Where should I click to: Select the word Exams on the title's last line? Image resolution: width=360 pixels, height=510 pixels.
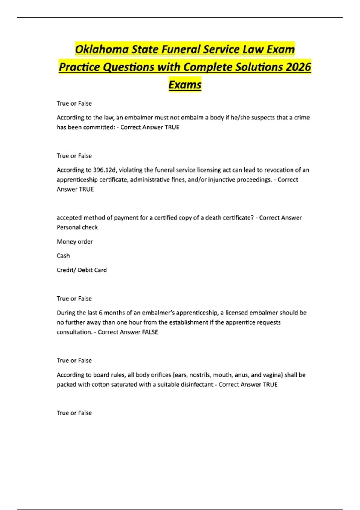coord(185,85)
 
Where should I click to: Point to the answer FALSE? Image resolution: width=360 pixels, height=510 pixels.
coord(150,332)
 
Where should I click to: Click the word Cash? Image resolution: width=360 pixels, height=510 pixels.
coord(63,256)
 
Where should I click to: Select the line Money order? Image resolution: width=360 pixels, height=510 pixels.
coord(75,241)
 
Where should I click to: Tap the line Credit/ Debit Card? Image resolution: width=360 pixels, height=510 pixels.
coord(82,270)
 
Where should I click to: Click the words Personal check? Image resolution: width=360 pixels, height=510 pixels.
coord(77,227)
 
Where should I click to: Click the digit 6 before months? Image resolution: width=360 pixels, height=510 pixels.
coord(100,313)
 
